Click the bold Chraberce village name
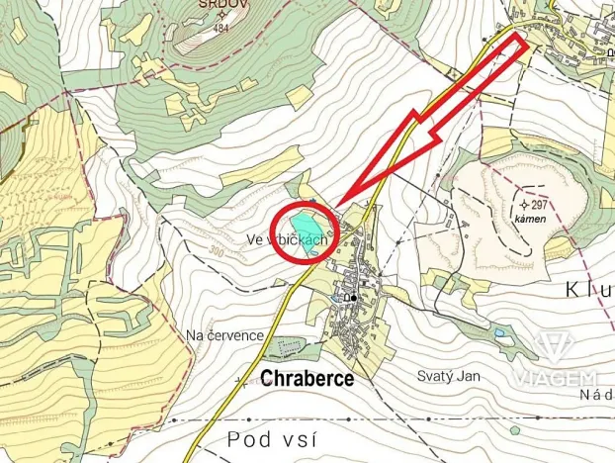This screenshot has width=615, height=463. click(307, 377)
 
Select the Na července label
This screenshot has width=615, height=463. click(224, 335)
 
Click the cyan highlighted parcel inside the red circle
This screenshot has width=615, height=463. click(307, 231)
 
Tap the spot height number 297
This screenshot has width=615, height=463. click(539, 205)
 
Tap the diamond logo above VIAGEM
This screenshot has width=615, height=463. click(565, 349)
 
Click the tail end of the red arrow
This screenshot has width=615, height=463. click(521, 42)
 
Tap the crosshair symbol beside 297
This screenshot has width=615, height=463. click(523, 204)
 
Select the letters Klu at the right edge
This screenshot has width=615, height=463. click(590, 289)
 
